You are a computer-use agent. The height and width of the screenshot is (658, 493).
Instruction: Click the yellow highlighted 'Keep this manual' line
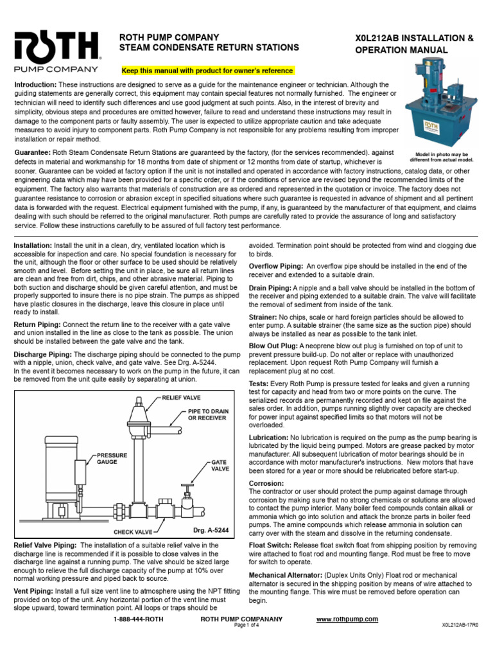[207, 70]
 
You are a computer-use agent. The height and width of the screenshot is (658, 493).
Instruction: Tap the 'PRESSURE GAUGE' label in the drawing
[112, 458]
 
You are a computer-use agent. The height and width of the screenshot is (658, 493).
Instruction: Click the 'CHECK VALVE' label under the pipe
[133, 532]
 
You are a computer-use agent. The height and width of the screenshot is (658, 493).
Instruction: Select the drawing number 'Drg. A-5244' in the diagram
[210, 531]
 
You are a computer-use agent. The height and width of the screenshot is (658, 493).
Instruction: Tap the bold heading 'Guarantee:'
[33, 152]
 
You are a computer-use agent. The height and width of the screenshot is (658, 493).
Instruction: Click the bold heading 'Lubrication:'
[269, 437]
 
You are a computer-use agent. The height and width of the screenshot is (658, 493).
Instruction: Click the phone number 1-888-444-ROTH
[137, 619]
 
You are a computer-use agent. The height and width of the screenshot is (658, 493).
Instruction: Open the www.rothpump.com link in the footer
[347, 619]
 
